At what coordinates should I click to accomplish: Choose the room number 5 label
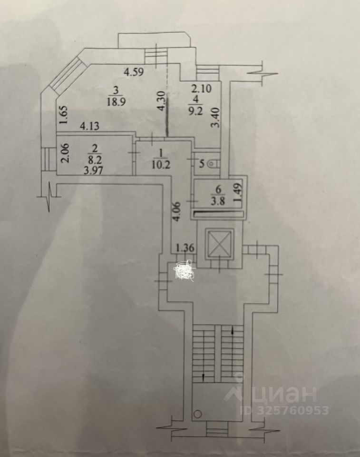[x=202, y=164]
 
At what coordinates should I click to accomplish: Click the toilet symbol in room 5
[x=214, y=164]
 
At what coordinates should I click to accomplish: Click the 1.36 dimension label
[x=185, y=248]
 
